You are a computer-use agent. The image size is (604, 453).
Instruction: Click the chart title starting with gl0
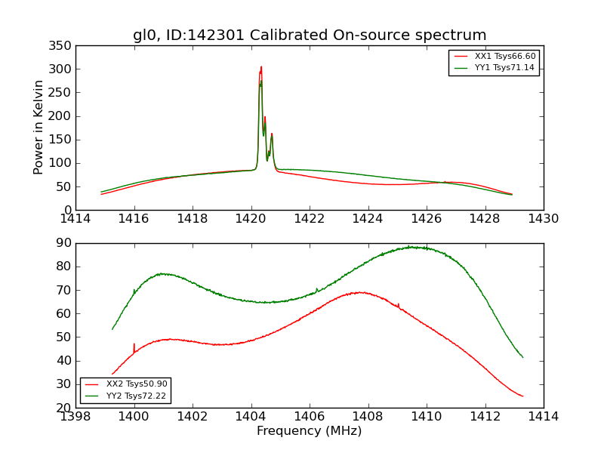[x=310, y=35]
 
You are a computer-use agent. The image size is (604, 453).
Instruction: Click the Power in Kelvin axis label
[x=39, y=128]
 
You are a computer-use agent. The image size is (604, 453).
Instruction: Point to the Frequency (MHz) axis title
[x=310, y=431]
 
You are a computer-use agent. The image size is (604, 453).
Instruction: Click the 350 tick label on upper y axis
[x=61, y=46]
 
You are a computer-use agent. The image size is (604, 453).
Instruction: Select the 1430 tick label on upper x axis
[x=543, y=219]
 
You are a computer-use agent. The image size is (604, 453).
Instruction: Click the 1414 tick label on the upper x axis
[x=76, y=219]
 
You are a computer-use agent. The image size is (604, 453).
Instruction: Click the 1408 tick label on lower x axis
[x=368, y=416]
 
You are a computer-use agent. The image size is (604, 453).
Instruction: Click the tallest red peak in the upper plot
[x=261, y=67]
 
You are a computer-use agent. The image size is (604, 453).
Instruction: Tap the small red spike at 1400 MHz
[x=134, y=345]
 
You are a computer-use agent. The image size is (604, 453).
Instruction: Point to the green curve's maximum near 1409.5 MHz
[x=412, y=247]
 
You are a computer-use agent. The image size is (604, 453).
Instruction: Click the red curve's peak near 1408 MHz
[x=362, y=292]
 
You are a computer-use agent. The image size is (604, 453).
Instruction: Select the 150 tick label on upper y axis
[x=61, y=140]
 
